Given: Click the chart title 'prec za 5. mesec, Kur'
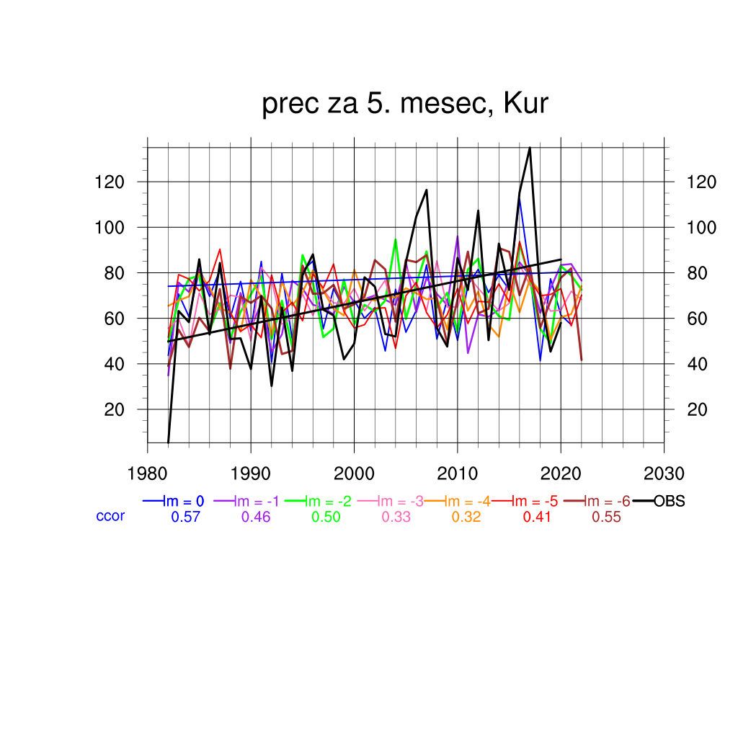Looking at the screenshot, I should (405, 105).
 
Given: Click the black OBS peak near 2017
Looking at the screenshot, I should (530, 148).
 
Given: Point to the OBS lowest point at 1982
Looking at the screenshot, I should (168, 442).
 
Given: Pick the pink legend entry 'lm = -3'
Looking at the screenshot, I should (396, 502).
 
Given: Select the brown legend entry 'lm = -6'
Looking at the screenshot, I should (606, 502).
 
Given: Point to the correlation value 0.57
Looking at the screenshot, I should (185, 517).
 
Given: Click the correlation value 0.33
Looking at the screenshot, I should (396, 517).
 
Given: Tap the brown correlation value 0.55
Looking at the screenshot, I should (606, 517).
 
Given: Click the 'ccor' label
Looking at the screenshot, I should (110, 516).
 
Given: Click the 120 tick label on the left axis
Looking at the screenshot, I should (110, 182).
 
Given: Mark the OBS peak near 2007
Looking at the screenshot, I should (427, 190).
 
